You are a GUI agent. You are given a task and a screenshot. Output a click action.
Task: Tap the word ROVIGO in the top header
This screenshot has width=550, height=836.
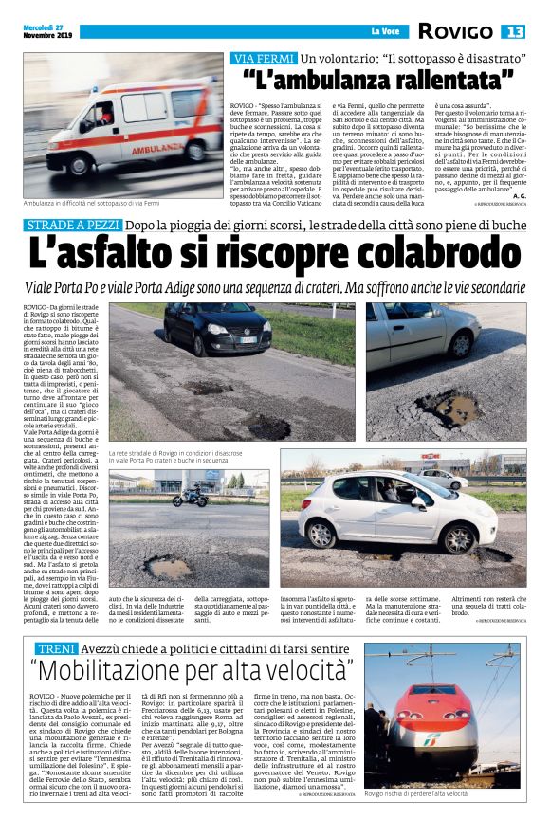455,32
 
